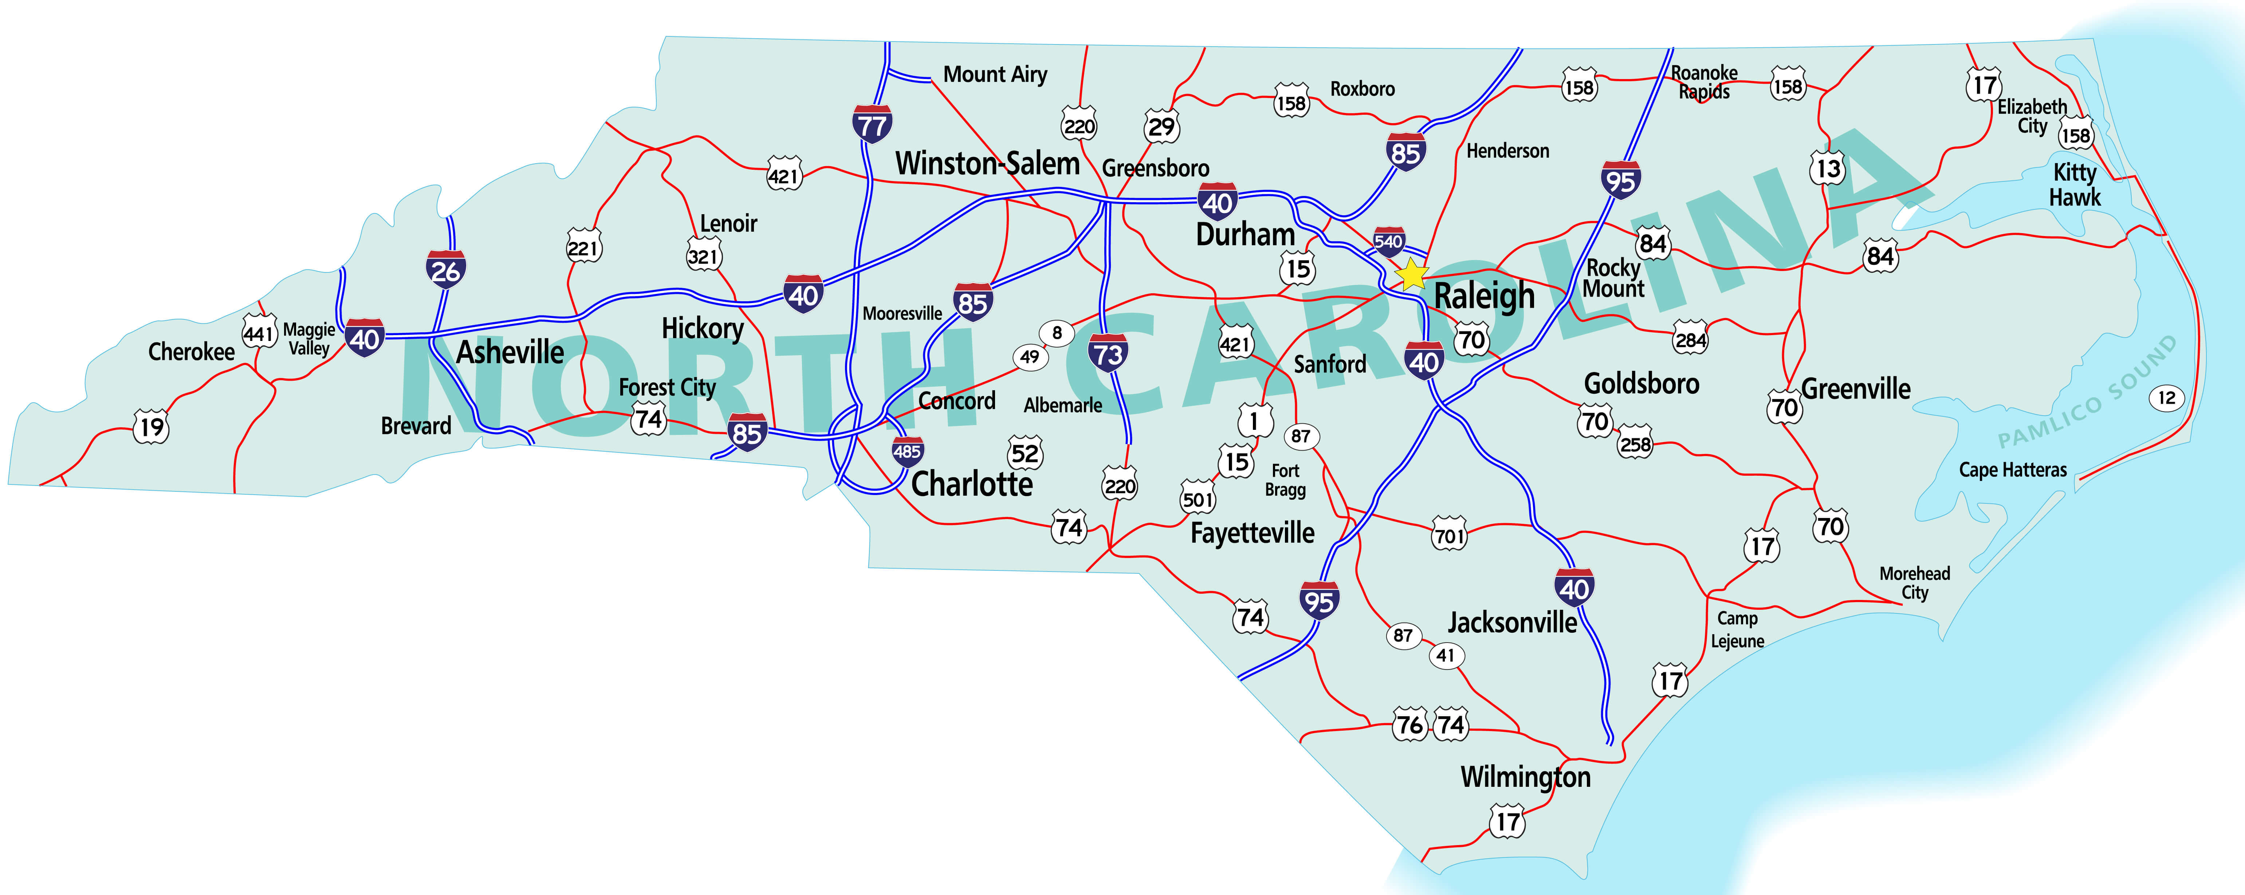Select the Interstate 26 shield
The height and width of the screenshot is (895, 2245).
(x=445, y=269)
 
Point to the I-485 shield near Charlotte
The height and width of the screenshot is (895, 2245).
(x=907, y=451)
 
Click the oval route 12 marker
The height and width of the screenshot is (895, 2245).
(x=2167, y=398)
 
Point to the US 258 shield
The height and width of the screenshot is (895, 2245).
(x=1635, y=444)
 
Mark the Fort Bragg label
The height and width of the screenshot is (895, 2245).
(x=1285, y=480)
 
